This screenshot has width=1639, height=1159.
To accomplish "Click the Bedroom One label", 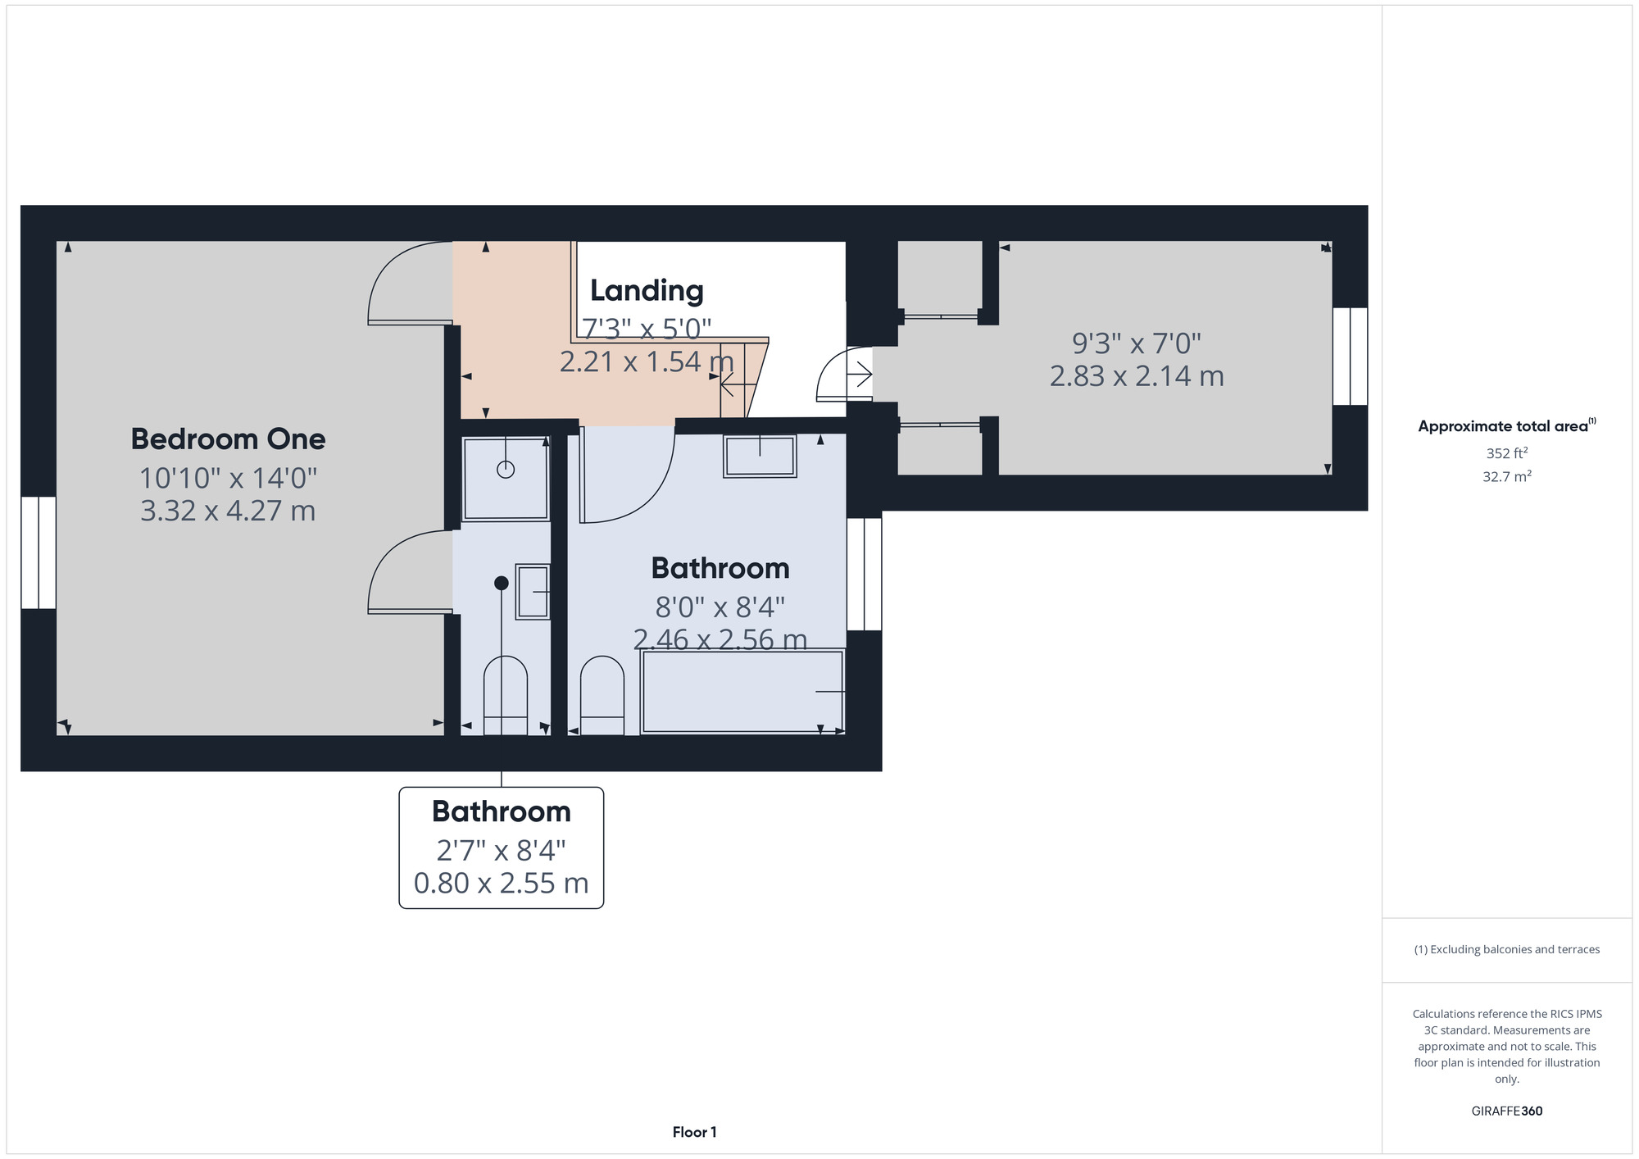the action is coord(228,439).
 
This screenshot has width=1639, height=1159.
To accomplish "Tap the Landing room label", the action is coord(647,290).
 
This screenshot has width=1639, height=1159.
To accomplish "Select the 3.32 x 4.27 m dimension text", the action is coord(228,511).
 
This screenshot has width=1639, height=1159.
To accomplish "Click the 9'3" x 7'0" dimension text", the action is coord(1137,343).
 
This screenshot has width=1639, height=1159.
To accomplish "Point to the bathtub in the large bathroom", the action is coord(742,692).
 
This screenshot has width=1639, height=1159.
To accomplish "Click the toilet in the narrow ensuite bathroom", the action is coord(506,695).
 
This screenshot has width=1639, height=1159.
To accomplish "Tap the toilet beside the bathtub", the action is coord(602,695).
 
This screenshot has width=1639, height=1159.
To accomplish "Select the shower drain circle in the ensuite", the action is coord(506,470).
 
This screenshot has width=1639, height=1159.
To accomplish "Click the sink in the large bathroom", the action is coord(760,456).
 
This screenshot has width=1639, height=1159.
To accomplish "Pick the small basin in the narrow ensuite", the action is coord(533,592).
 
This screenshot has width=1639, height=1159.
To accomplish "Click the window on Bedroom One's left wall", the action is coord(39,552).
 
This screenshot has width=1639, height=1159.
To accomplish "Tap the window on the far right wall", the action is coord(1350,356).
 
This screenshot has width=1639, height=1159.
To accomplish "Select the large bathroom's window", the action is coord(864,574).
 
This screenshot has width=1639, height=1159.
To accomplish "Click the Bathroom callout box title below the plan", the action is coord(502,811).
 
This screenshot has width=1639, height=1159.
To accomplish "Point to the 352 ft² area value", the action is coord(1506,453).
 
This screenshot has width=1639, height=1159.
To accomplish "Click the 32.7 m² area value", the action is coord(1506,476).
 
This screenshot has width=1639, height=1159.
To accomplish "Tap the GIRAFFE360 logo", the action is coord(1506,1111).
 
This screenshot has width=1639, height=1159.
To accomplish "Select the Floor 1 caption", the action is coord(694,1132).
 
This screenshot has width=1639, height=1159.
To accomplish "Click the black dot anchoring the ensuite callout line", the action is coord(502,583).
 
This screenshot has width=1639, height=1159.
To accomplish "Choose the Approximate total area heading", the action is coord(1506,425).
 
